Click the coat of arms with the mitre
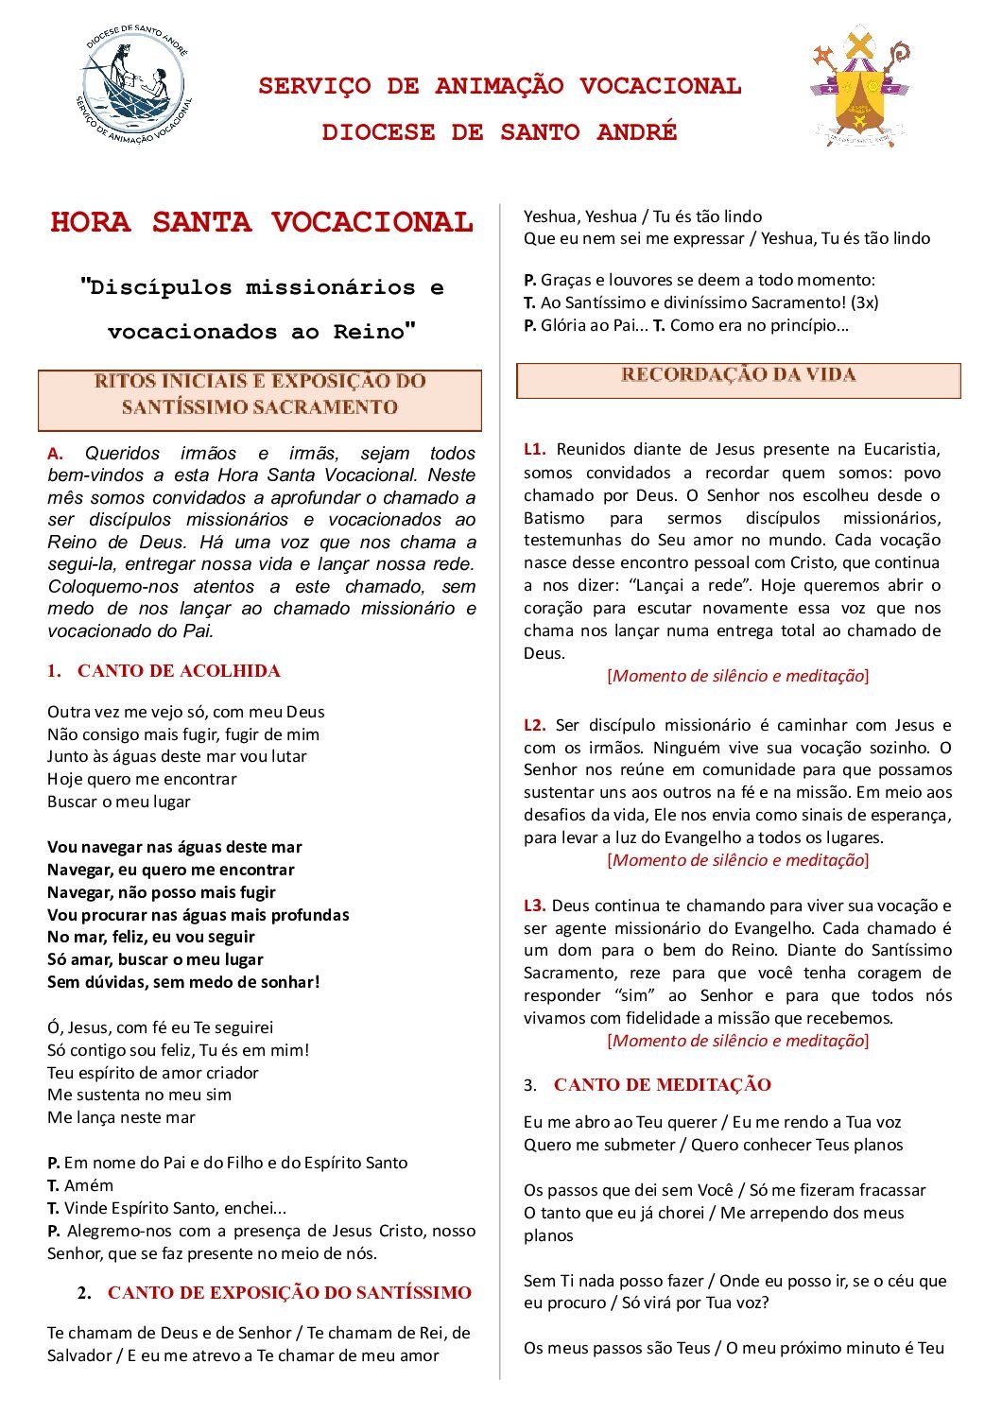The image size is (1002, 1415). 858,87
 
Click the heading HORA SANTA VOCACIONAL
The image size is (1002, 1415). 261,223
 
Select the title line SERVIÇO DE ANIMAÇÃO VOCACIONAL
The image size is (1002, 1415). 500,86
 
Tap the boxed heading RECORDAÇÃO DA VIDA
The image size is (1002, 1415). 738,376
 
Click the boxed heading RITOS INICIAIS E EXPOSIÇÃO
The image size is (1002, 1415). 260,395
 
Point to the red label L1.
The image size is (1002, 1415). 534,450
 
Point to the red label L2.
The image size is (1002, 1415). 534,726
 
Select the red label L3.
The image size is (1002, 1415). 534,906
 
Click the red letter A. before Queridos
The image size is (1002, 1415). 55,454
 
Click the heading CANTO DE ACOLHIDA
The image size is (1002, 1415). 179,671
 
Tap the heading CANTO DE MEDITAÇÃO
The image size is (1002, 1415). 662,1085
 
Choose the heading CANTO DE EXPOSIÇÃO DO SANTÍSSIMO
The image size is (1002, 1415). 289,1293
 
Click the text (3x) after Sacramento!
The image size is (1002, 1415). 864,303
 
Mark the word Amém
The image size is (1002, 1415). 89,1186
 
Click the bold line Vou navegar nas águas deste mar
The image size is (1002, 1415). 175,848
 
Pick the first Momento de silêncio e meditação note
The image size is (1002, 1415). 737,676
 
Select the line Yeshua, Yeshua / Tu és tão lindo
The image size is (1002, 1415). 643,216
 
